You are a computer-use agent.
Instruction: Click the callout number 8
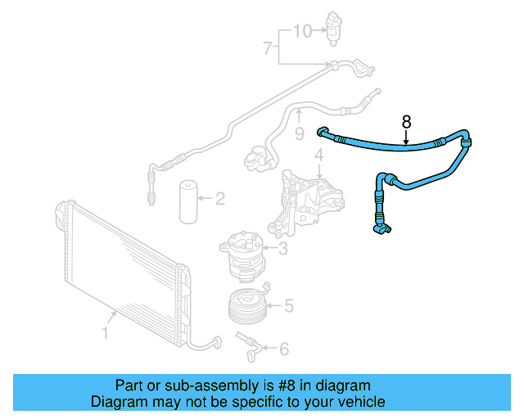pos(407,122)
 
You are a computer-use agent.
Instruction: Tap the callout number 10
pos(303,31)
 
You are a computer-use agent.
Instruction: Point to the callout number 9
pos(300,133)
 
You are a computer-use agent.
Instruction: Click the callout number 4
pos(319,155)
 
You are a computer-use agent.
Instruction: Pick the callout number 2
pos(219,197)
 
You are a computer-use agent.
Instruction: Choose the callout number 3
pos(282,249)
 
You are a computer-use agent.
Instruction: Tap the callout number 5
pos(287,307)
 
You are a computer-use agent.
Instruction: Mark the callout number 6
pos(283,349)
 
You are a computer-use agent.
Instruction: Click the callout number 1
pos(105,332)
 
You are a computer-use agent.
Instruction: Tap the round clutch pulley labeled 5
pos(247,306)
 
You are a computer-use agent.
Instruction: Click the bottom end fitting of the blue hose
pos(382,232)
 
